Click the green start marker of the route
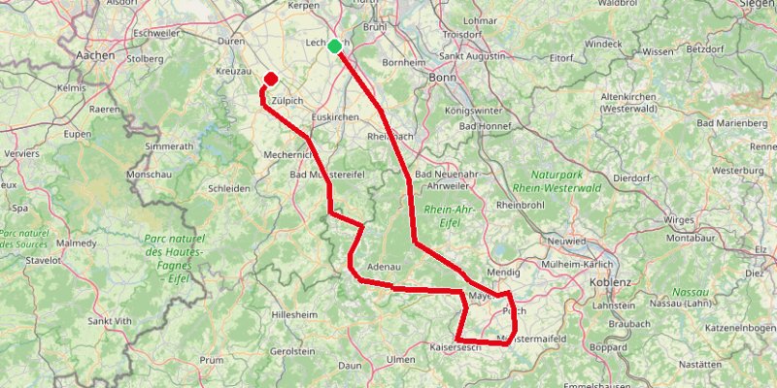335,46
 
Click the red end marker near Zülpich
271,80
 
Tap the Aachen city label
95,56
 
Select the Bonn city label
442,77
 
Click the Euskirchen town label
335,116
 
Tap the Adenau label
384,267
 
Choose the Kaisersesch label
456,347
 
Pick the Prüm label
212,359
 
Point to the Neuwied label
567,240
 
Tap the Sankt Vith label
110,320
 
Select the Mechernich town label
288,153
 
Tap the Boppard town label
609,346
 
